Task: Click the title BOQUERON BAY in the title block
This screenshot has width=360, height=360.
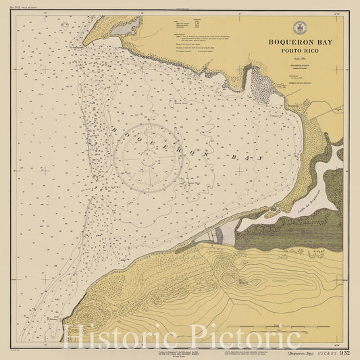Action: (x=300, y=42)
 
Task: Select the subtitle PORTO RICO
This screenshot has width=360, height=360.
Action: (x=300, y=51)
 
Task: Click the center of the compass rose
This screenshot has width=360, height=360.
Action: (x=149, y=157)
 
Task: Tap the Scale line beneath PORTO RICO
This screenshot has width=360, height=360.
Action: (x=300, y=59)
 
